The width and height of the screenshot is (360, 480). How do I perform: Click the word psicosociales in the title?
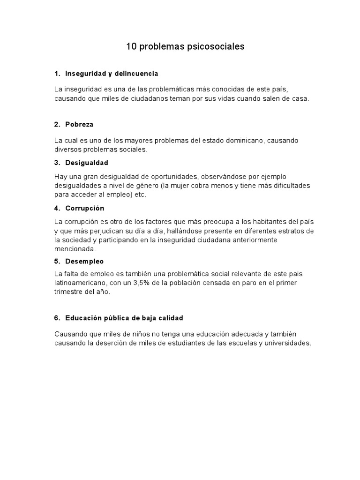(217, 47)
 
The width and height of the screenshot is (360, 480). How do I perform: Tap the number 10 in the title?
(131, 47)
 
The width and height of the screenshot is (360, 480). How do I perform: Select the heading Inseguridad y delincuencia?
(112, 74)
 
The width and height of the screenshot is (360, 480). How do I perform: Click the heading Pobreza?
(79, 124)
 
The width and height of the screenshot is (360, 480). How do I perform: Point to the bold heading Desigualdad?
(87, 163)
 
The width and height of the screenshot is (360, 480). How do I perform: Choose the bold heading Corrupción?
(84, 208)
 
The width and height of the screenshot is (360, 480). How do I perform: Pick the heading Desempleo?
(84, 261)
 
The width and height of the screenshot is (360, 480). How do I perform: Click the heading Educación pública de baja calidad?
(124, 318)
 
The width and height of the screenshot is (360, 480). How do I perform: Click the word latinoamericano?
(80, 283)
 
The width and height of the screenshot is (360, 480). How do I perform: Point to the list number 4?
(57, 208)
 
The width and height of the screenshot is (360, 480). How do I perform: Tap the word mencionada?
(75, 249)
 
